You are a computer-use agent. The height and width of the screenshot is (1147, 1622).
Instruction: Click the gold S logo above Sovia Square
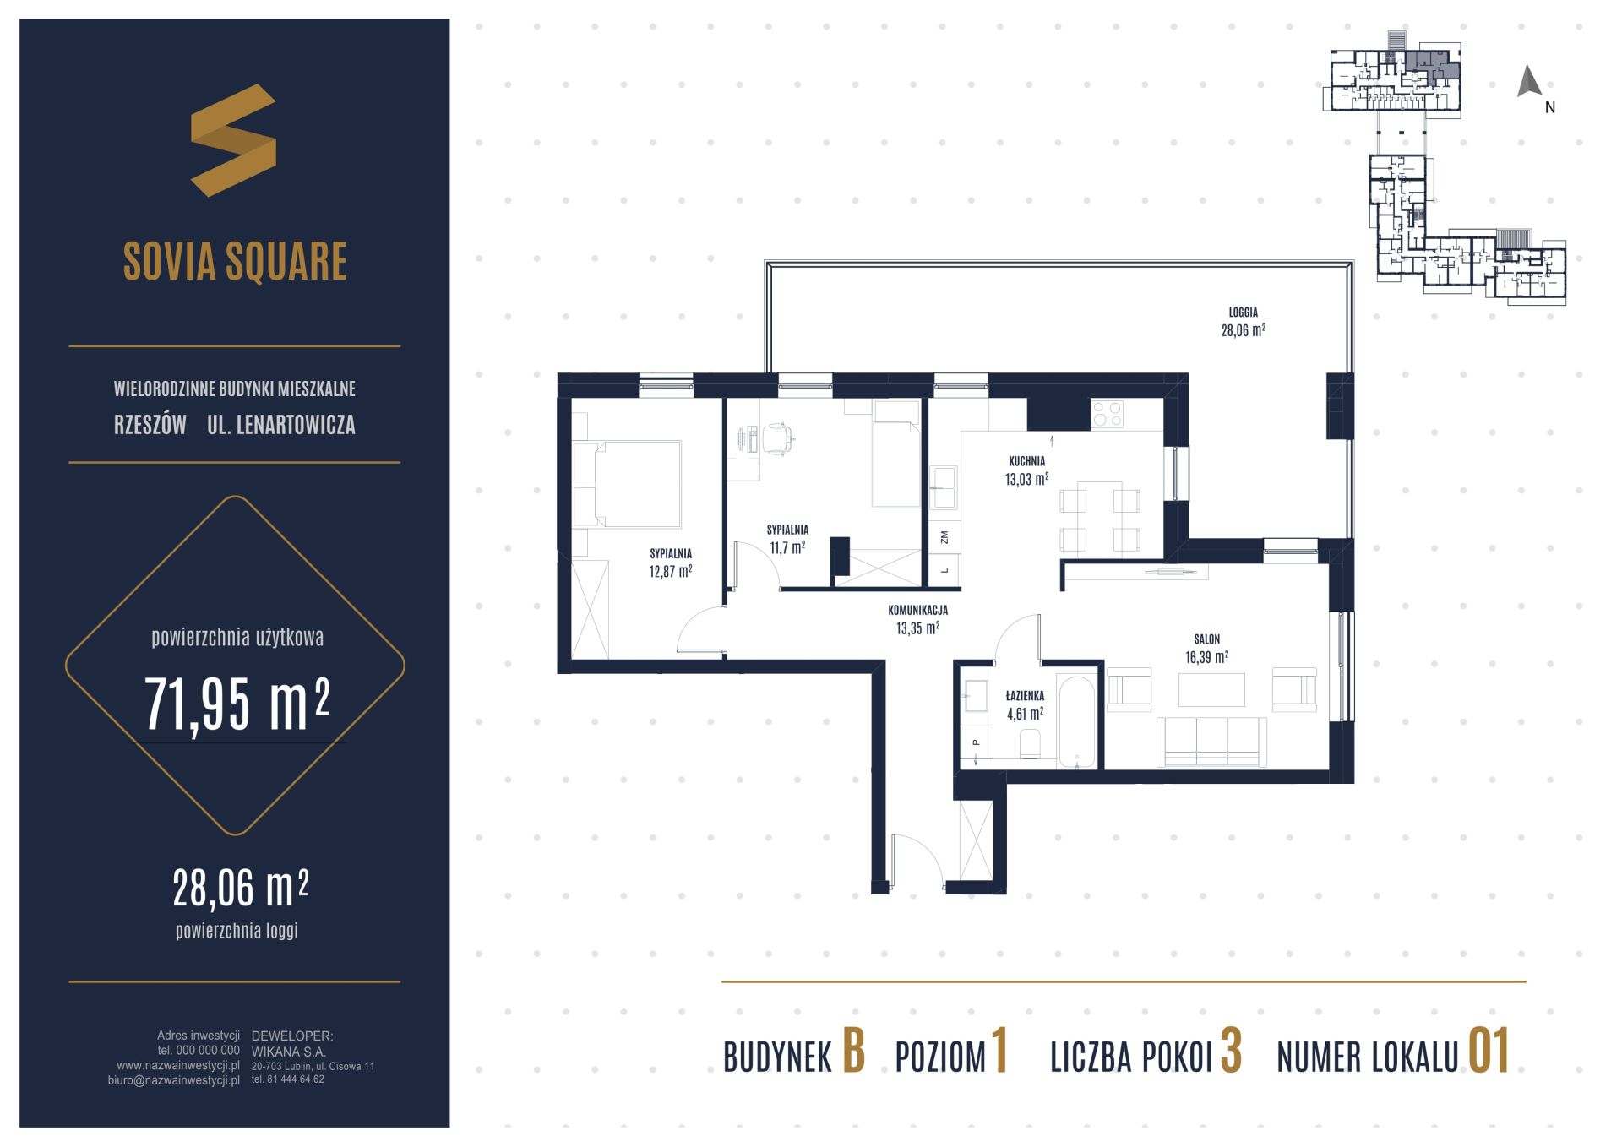pyautogui.click(x=233, y=140)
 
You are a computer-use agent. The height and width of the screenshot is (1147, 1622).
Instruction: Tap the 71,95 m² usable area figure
pyautogui.click(x=237, y=704)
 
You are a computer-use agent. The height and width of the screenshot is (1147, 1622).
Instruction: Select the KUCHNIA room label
pyautogui.click(x=1026, y=461)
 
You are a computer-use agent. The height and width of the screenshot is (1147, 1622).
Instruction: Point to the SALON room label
pyautogui.click(x=1206, y=639)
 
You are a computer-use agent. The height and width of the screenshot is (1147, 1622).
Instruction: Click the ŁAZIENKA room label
pyautogui.click(x=1025, y=696)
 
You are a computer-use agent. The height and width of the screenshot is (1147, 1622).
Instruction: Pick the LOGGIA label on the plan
pyautogui.click(x=1243, y=313)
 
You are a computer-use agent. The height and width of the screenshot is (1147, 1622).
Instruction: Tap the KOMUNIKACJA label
pyautogui.click(x=917, y=610)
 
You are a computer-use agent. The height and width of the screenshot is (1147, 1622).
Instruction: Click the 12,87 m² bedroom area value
pyautogui.click(x=671, y=571)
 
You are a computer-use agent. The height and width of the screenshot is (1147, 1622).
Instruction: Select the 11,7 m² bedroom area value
pyautogui.click(x=787, y=547)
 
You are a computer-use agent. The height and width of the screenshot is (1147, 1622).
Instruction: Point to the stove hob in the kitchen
pyautogui.click(x=1108, y=414)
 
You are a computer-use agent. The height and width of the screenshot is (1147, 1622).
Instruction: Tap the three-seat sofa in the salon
pyautogui.click(x=1211, y=742)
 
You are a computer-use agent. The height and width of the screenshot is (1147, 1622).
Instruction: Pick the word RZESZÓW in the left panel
pyautogui.click(x=150, y=425)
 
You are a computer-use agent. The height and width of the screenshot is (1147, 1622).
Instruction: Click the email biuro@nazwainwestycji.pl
pyautogui.click(x=174, y=1079)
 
